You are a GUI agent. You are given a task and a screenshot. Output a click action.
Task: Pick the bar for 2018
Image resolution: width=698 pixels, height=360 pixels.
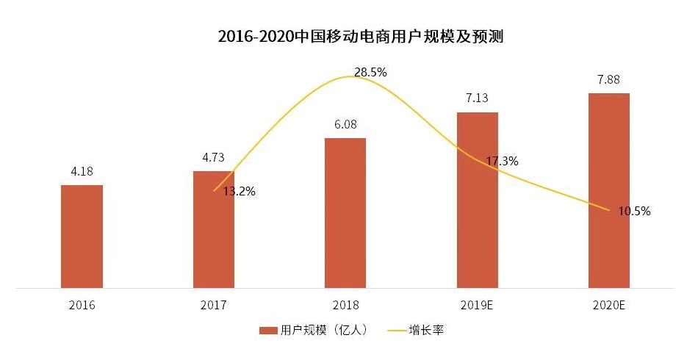pos(345,213)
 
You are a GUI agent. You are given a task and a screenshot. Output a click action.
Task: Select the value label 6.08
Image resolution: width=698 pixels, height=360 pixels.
pos(345,125)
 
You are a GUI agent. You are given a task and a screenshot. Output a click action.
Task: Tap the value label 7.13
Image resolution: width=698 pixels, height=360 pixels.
pos(477,98)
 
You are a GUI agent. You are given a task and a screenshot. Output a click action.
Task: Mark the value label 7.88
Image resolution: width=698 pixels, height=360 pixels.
pos(608,79)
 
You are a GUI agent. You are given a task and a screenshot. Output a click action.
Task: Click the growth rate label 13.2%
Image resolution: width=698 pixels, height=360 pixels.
pos(239,192)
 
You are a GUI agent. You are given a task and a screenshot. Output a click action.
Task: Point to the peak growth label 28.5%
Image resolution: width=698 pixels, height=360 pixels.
pos(370,72)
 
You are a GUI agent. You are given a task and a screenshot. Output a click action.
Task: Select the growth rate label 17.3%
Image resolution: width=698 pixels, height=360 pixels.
pos(502,161)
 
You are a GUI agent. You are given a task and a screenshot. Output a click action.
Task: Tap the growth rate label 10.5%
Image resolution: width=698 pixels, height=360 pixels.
pos(634,211)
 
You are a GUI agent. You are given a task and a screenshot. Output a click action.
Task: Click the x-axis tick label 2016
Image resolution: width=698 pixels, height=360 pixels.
pos(82,304)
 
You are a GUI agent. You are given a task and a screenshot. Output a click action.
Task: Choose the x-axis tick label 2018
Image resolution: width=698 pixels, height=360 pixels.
pos(345,304)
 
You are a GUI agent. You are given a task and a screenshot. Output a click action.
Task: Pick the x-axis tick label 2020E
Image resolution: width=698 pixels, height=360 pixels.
pos(608,304)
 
